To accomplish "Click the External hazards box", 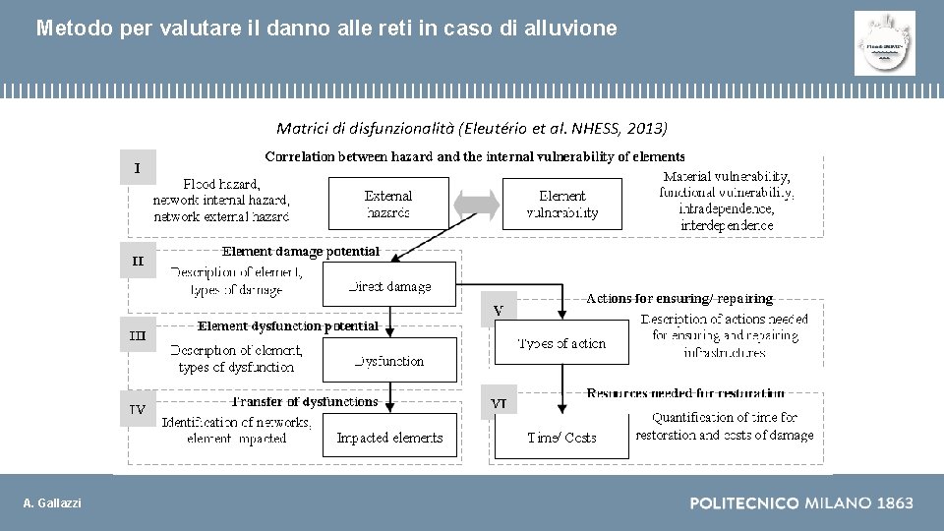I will coord(387,204).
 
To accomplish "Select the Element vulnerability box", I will coord(562,204).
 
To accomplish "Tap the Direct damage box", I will coord(390,285).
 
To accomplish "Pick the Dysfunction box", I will coord(390,360).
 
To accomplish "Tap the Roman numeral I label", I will coord(138,168).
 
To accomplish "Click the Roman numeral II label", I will coord(138,261).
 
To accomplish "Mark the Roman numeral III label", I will coord(138,334).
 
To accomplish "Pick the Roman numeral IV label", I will coord(138,408).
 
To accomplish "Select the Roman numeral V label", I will coord(499,311).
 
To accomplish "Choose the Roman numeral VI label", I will coord(499,403).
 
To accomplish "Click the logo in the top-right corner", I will coord(884,43).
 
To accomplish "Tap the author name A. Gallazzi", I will coord(53,503).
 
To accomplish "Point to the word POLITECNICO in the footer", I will coord(743,503).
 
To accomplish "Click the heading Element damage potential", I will coord(301,252).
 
